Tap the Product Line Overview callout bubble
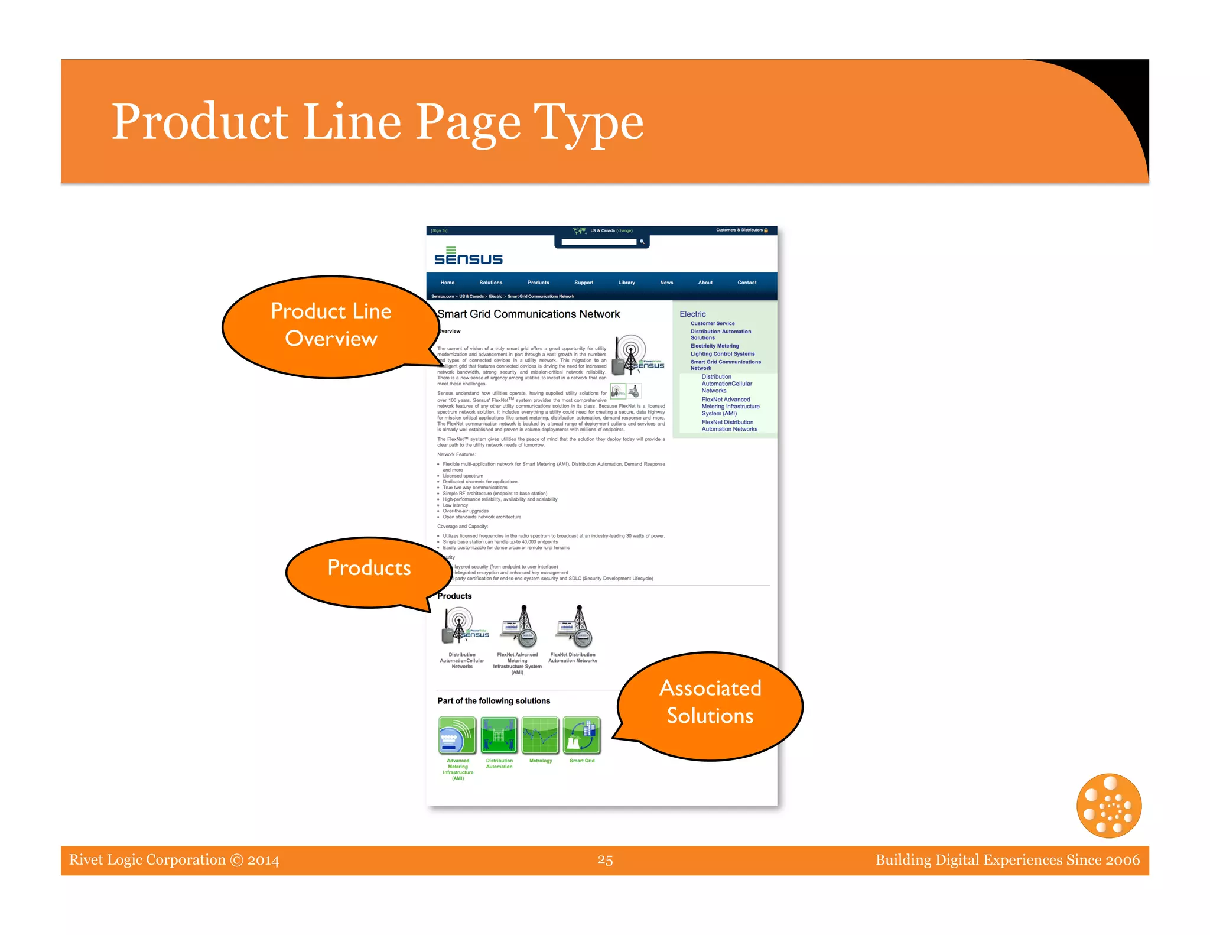[331, 325]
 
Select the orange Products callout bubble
[369, 569]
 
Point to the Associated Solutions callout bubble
[710, 703]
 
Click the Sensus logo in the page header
[468, 257]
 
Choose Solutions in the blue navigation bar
[490, 283]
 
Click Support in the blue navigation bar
[583, 283]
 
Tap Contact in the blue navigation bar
[747, 283]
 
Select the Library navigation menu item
[626, 283]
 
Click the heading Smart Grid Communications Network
[529, 314]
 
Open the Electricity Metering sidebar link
[714, 346]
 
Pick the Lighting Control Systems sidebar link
[722, 354]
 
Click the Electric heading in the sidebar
[692, 314]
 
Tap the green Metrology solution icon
[541, 736]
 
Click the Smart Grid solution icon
[582, 736]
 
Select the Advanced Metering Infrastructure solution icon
[457, 736]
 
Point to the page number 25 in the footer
[605, 860]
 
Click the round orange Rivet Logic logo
[1109, 806]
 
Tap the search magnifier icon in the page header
[642, 242]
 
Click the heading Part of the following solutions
[493, 701]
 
